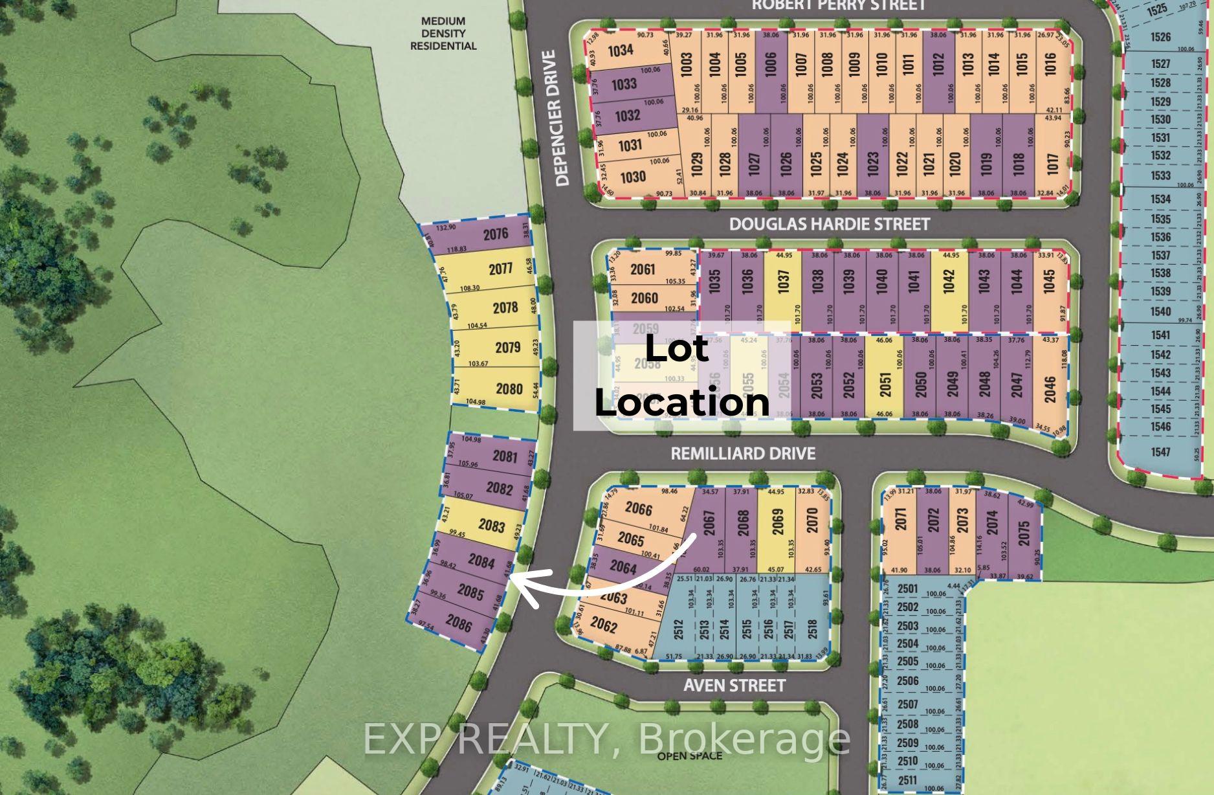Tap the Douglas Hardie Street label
(829, 224)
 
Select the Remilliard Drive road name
(743, 453)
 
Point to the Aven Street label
(734, 685)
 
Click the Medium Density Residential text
(443, 34)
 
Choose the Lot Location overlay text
(681, 376)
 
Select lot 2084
(481, 561)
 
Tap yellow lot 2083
(491, 525)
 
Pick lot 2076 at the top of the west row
(495, 234)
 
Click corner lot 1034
(620, 50)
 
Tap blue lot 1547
(1160, 452)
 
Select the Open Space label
(689, 756)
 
